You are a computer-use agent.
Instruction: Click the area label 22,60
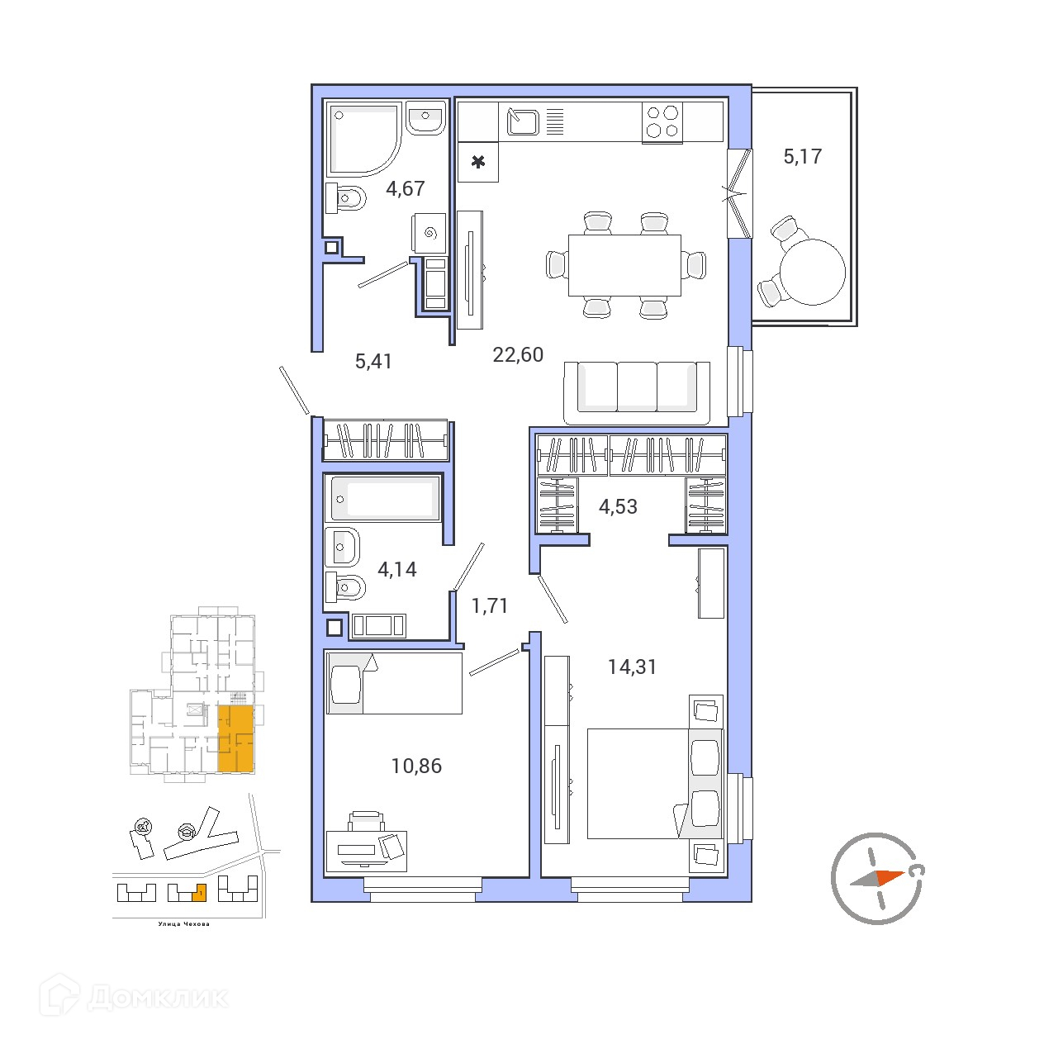[x=517, y=355]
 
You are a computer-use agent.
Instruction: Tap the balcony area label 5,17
[x=802, y=157]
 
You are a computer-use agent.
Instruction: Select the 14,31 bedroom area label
[x=632, y=667]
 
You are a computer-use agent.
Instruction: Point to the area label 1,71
[x=489, y=605]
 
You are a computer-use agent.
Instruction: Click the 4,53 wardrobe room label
[x=618, y=506]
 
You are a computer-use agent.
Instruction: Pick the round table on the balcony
[x=812, y=273]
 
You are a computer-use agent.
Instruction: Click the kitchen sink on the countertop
[x=523, y=122]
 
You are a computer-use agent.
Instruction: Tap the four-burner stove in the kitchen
[x=662, y=122]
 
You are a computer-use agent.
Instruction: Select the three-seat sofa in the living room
[x=637, y=393]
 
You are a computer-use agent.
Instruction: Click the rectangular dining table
[x=624, y=265]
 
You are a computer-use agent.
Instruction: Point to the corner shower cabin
[x=364, y=140]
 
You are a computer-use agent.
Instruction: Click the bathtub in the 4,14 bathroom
[x=382, y=498]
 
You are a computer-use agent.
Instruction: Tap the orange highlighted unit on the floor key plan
[x=235, y=738]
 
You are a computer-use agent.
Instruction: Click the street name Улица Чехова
[x=183, y=924]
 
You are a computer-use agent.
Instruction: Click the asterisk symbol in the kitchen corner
[x=478, y=162]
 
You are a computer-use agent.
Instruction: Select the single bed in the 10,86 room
[x=395, y=683]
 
